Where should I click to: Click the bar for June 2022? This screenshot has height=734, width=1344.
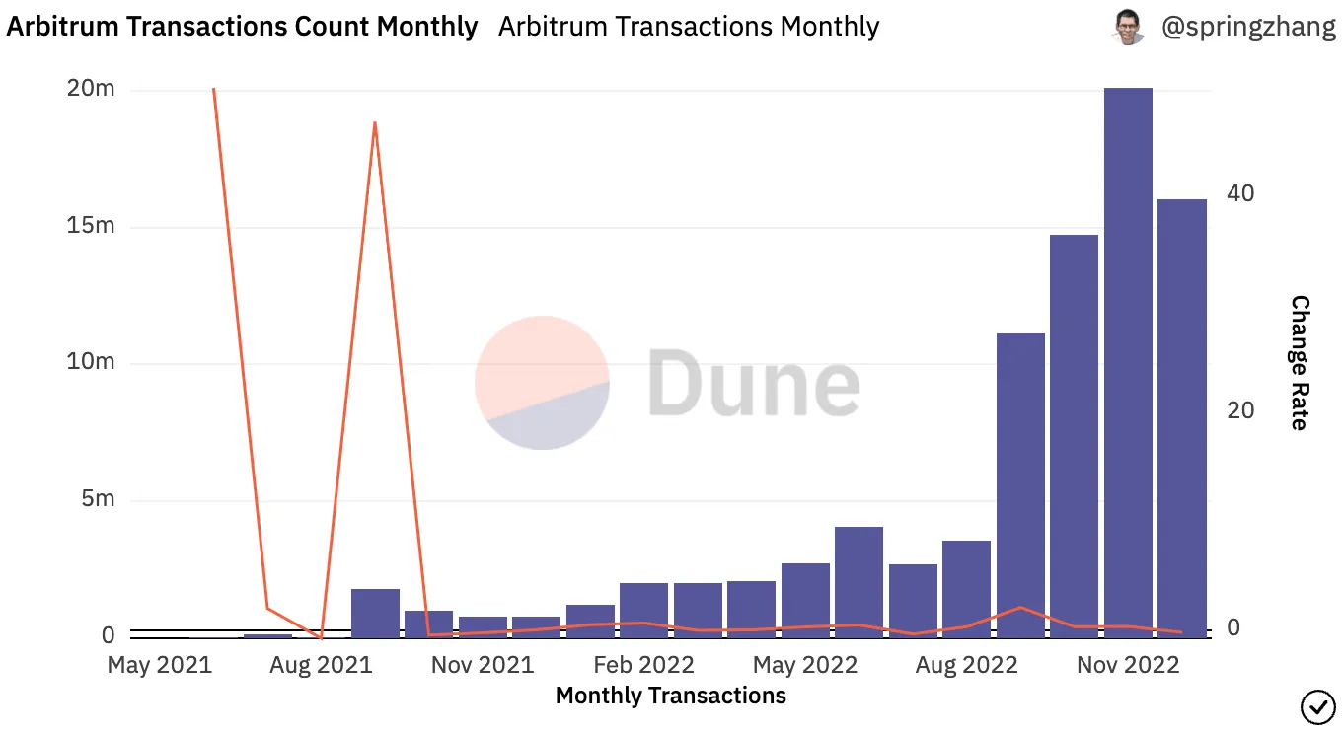pos(859,582)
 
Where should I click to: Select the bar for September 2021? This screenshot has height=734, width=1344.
pos(375,613)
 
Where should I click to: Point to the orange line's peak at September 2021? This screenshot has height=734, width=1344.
pos(375,123)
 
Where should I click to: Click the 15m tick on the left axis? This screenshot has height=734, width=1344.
pos(91,226)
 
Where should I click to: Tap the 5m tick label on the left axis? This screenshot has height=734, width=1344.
pos(97,499)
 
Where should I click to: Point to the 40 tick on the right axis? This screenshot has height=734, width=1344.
pos(1240,193)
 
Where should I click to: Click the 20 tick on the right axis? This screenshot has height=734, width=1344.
pos(1240,411)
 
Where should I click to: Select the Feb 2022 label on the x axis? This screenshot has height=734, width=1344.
pos(644,665)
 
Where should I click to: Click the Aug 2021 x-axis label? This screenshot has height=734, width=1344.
pos(322,665)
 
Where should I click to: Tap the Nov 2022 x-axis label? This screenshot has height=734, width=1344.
pos(1128,665)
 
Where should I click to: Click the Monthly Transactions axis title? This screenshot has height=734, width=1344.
pos(671,696)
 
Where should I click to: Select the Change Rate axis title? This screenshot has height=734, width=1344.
pos(1300,363)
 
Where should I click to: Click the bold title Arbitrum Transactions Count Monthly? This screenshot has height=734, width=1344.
pos(242,27)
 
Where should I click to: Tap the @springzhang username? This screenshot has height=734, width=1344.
pos(1248,27)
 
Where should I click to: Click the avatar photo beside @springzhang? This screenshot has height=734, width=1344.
pos(1128,27)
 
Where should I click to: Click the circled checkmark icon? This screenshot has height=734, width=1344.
pos(1317,706)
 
